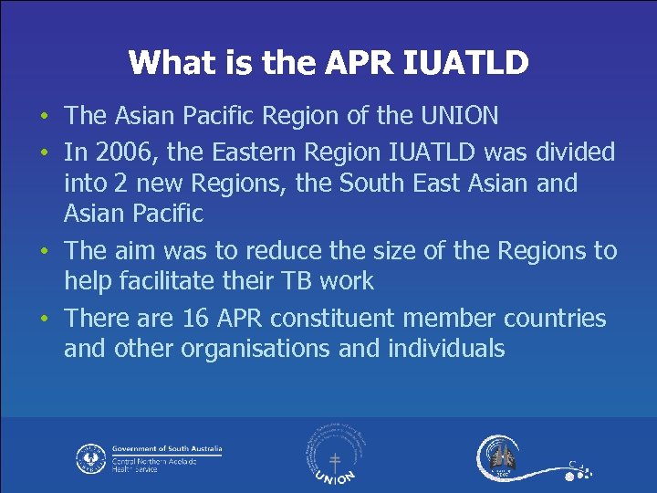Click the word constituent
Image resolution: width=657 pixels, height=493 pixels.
360,318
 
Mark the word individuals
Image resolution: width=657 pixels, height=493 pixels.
445,349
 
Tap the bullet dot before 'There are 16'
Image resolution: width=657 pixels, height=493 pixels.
46,320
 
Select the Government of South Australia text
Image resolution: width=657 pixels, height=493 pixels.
166,449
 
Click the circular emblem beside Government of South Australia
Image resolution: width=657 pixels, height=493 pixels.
90,457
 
